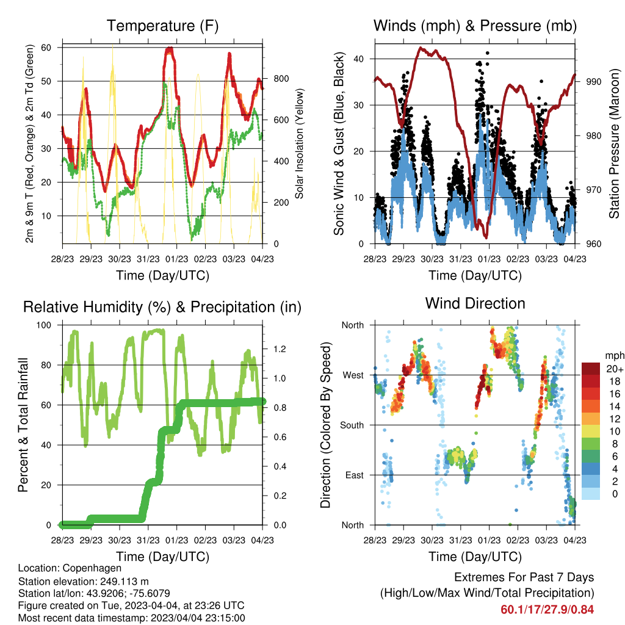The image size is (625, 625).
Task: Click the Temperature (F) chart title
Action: click(x=162, y=26)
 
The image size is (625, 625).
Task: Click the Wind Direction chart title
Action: click(x=475, y=303)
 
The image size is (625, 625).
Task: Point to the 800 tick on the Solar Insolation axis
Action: click(x=281, y=79)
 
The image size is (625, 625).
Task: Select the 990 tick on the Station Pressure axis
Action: click(x=593, y=82)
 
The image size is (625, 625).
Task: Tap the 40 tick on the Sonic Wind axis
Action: click(x=358, y=59)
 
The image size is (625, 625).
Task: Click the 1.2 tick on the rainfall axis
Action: click(x=280, y=349)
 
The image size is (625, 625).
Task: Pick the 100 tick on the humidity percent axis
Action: click(x=44, y=325)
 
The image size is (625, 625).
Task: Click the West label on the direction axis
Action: click(x=353, y=375)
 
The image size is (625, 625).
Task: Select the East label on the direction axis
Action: click(x=355, y=475)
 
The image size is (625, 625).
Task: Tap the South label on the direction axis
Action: click(x=352, y=425)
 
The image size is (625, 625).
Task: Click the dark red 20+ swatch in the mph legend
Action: click(x=591, y=369)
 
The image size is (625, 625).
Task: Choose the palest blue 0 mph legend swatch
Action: click(x=591, y=493)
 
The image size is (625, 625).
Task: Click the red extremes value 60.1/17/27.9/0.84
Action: click(x=547, y=610)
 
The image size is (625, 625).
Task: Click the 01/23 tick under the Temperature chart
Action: click(x=176, y=259)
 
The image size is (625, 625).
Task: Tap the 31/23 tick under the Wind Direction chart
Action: click(x=461, y=540)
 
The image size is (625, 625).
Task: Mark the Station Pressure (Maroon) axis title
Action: click(x=614, y=143)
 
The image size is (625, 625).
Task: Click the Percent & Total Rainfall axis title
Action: click(x=23, y=425)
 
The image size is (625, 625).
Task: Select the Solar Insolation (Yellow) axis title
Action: click(x=299, y=143)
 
